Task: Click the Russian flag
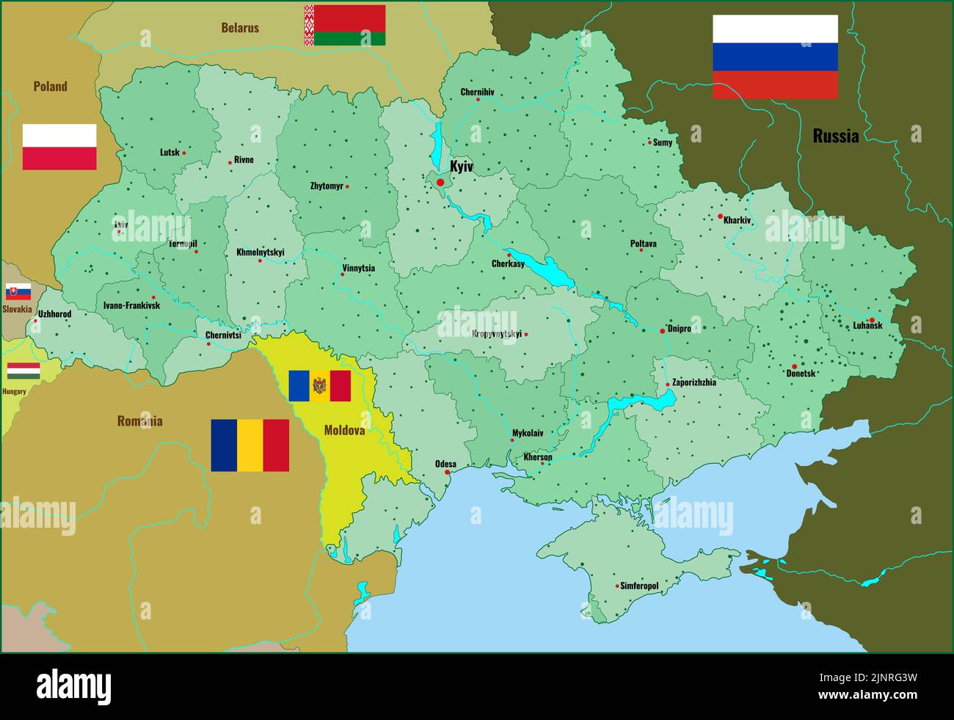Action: click(775, 57)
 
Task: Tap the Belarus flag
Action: click(345, 25)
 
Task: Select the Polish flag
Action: click(59, 147)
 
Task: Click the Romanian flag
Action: click(250, 445)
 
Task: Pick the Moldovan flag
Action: click(319, 386)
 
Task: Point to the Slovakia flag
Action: click(18, 291)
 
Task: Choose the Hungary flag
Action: click(23, 371)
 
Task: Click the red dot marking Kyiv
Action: click(440, 182)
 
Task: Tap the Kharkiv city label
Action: click(738, 220)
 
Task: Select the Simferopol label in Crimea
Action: click(639, 586)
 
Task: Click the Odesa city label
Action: click(445, 464)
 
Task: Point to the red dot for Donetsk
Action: click(794, 366)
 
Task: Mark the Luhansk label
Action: click(867, 326)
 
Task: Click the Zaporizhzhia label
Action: click(694, 382)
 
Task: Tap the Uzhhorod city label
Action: click(55, 314)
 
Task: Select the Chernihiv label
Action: click(477, 92)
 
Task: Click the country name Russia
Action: click(835, 136)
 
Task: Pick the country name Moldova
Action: click(344, 431)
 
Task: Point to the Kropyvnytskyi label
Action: click(497, 334)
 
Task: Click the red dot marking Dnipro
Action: click(662, 331)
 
